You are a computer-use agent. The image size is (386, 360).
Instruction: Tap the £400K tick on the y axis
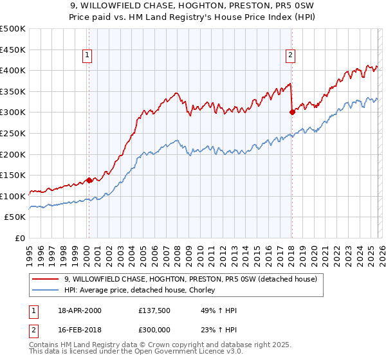pos(13,71)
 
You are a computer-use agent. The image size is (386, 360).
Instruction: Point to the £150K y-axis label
pos(13,175)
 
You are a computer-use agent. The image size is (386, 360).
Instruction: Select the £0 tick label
pos(19,238)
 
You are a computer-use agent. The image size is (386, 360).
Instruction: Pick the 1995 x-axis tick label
pos(30,254)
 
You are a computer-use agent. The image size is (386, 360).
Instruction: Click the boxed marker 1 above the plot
pos(87,56)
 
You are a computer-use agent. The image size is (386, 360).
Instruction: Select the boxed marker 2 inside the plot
pos(291,56)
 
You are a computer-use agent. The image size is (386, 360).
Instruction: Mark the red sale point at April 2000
pos(89,181)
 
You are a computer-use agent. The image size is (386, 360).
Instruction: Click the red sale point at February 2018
pos(292,112)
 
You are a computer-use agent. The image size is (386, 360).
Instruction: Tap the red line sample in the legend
pos(46,279)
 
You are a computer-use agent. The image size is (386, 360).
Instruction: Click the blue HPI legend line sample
pos(46,291)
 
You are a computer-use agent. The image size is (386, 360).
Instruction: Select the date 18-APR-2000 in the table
pos(80,310)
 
